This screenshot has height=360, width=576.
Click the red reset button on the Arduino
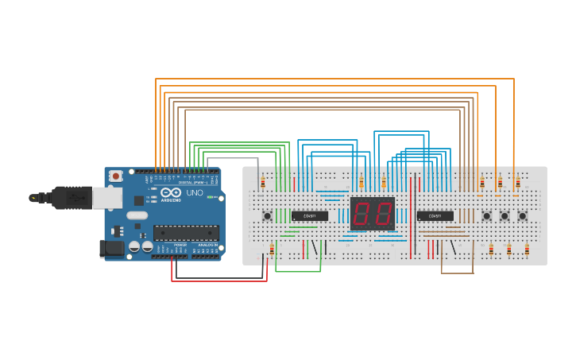(116, 176)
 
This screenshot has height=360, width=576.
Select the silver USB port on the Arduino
(106, 198)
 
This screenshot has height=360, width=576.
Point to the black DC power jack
(111, 249)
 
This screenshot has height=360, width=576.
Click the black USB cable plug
(72, 198)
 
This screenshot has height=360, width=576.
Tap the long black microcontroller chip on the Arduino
(186, 233)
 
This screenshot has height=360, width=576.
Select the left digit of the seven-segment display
(361, 214)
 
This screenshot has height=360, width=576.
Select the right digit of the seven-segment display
(383, 214)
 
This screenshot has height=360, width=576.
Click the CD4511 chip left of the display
(309, 215)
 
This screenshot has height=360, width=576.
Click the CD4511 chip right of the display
(435, 215)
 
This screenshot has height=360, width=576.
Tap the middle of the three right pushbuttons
(504, 215)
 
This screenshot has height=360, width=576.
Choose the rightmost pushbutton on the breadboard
(522, 215)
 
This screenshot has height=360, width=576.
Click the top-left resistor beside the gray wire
(263, 183)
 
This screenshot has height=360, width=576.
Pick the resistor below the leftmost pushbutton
(272, 250)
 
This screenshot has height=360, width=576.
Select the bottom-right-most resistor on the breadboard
(527, 250)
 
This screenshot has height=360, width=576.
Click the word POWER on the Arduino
(180, 245)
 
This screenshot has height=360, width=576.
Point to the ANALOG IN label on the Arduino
(207, 245)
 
